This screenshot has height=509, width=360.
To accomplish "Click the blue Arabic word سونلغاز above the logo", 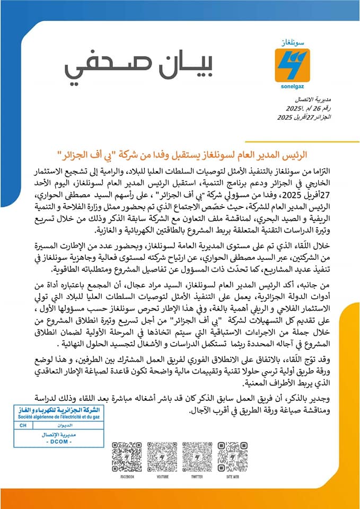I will tap(292, 42).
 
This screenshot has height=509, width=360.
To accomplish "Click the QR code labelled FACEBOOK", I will tap(127, 456).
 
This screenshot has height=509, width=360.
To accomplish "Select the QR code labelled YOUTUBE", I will tap(162, 456).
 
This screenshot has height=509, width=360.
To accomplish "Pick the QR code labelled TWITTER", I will tap(197, 456).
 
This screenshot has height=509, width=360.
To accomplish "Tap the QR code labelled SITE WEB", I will tap(232, 456).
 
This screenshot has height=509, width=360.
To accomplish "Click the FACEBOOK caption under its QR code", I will tap(127, 477).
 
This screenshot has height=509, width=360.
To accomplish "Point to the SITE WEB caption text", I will tap(232, 477).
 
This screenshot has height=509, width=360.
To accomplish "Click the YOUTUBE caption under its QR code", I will tap(162, 477).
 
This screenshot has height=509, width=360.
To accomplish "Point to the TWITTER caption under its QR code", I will tap(197, 477).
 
